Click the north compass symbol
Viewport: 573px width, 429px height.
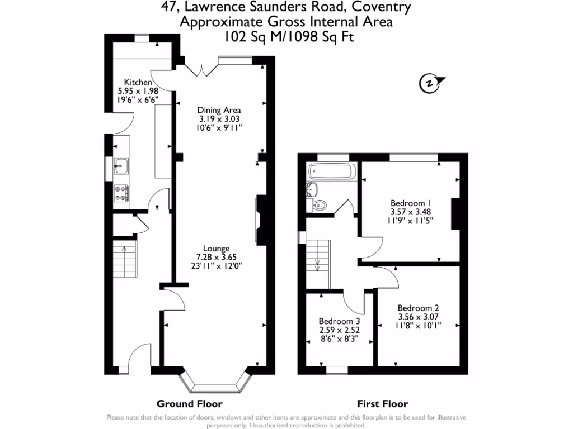tap(429, 83)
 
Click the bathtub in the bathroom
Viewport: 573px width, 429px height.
tap(331, 171)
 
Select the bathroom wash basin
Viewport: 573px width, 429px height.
tap(312, 189)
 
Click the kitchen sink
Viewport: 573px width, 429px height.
tap(121, 165)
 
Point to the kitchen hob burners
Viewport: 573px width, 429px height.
tap(121, 193)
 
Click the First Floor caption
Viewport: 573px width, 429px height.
tap(382, 404)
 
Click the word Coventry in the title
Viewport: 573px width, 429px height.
tap(384, 7)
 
